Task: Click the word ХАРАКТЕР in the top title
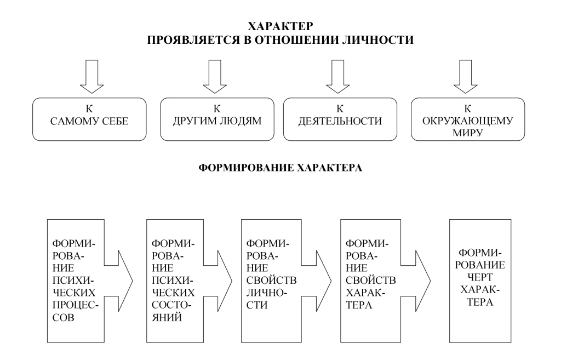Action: pyautogui.click(x=280, y=26)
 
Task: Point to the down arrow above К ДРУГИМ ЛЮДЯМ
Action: pyautogui.click(x=215, y=76)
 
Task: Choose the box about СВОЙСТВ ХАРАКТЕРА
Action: pyautogui.click(x=364, y=279)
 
